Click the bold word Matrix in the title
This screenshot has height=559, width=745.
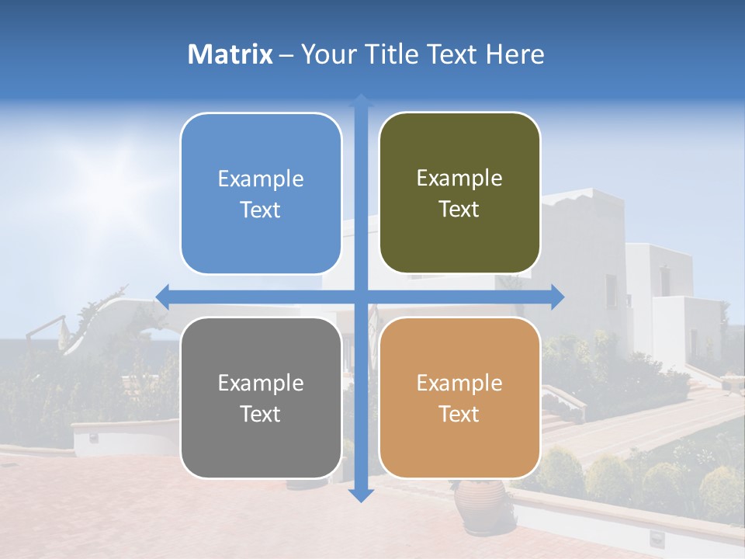230,54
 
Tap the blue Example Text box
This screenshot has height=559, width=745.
261,193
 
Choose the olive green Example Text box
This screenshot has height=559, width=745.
459,193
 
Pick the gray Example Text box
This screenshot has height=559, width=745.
261,398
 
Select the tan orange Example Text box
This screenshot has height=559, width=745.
459,398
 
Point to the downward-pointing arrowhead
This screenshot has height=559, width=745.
361,495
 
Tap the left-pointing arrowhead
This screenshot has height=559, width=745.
162,297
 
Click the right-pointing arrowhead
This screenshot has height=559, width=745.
557,297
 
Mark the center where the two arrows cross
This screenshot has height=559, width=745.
361,297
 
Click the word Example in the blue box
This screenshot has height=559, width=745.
261,179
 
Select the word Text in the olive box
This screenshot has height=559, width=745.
459,209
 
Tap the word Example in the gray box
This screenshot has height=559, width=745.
261,383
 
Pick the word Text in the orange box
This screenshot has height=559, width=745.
459,414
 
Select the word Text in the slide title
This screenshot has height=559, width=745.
452,54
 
